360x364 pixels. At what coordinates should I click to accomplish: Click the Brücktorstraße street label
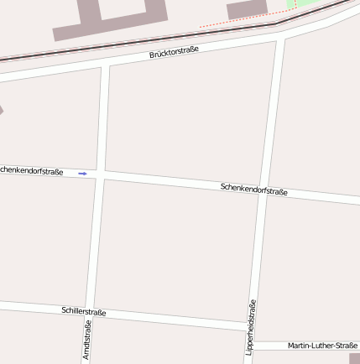click(174, 53)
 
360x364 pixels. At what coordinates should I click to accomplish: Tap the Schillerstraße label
click(83, 311)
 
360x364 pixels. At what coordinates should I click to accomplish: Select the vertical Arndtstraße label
click(86, 340)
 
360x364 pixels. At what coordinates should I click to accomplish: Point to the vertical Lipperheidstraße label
click(250, 328)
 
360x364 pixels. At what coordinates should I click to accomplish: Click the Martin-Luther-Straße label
click(322, 346)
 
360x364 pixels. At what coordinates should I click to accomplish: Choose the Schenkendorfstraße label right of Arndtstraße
click(254, 190)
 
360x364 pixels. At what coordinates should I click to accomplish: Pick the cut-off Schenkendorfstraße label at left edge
click(31, 171)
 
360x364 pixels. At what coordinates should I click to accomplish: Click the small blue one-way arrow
click(82, 174)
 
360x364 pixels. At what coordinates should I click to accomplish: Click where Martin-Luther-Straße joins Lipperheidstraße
click(251, 346)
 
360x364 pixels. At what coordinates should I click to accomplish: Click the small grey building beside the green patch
click(247, 8)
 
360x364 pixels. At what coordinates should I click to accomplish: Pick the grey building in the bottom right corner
click(354, 358)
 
